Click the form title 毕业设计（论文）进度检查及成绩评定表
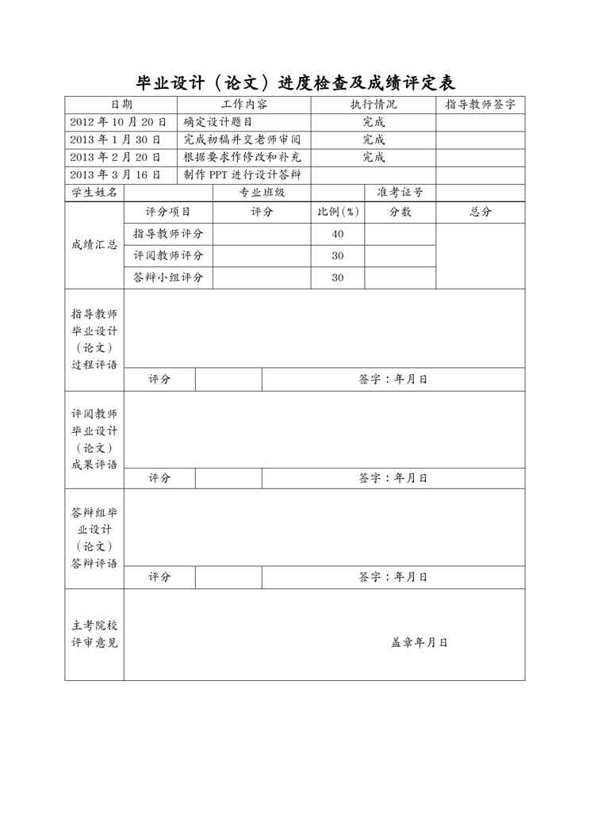coord(295,82)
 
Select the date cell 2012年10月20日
coord(118,122)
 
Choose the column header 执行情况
coord(374,105)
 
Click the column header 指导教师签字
coord(481,105)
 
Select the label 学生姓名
coord(94,193)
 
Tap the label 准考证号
coord(400,193)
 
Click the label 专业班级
coord(262,193)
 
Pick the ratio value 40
coord(338,234)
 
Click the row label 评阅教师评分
coord(168,255)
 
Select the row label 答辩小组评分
coord(168,277)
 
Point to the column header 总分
coord(481,212)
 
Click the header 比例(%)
coord(338,212)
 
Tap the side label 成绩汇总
coord(94,245)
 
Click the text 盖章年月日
coord(420,642)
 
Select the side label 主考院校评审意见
coord(94,634)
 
